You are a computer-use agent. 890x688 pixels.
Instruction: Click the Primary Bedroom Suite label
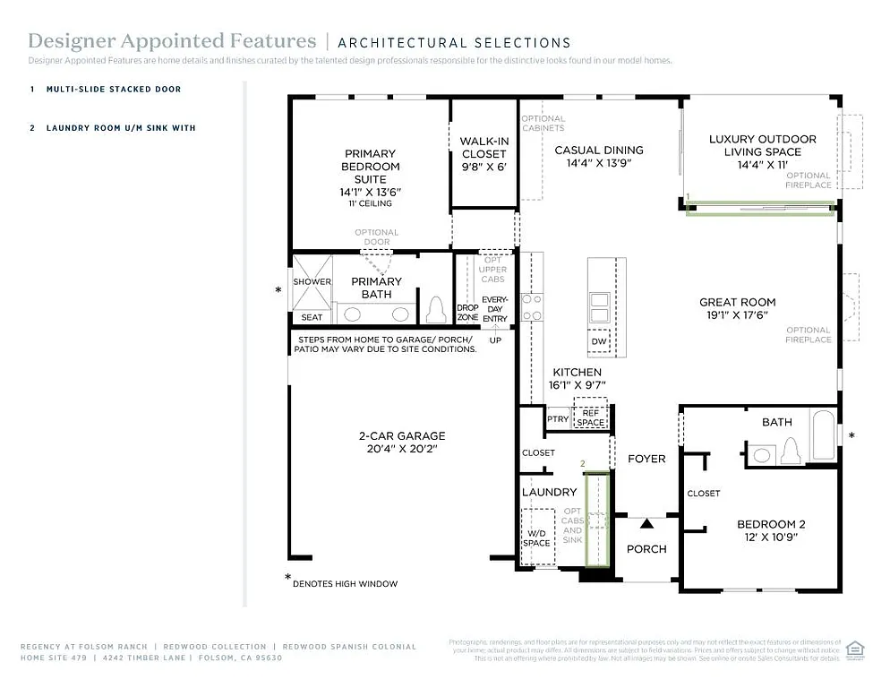coord(370,167)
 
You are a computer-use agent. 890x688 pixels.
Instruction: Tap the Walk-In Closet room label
coord(484,148)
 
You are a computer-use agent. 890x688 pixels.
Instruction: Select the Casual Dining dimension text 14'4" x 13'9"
coord(598,164)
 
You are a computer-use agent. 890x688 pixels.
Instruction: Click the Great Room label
coord(737,303)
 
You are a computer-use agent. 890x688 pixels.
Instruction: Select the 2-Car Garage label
coord(401,436)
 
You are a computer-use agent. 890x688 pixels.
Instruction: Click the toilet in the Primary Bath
coord(436,310)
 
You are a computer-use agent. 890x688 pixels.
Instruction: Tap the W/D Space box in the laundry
coord(537,537)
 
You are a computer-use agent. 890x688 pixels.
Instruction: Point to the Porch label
coord(646,549)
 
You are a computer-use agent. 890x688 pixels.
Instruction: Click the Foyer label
coord(646,459)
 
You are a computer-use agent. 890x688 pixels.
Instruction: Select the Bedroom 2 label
coord(771,525)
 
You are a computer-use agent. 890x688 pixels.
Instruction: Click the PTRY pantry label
coord(557,419)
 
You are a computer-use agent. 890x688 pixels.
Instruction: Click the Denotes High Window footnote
coord(344,583)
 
